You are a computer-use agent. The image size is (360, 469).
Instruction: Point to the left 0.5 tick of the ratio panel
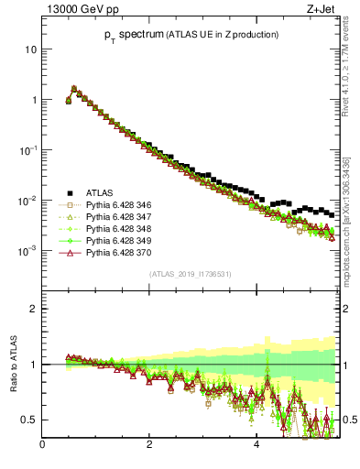(x=30, y=420)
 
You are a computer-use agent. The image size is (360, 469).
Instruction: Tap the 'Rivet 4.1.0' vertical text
(x=349, y=78)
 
